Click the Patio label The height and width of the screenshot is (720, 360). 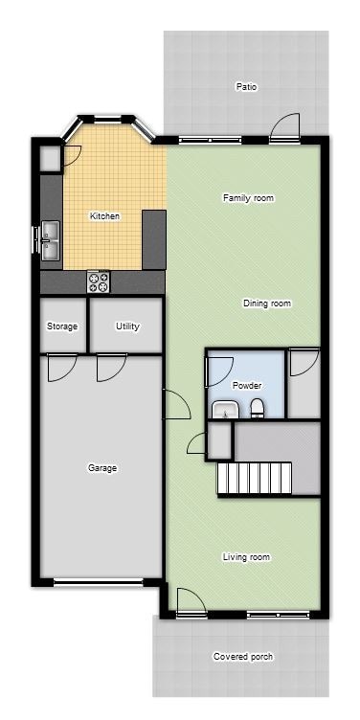[x=246, y=87]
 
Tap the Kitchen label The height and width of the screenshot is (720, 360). [x=104, y=216]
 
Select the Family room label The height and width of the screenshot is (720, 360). [x=248, y=198]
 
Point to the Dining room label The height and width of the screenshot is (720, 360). [x=266, y=304]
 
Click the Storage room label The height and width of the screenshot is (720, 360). [x=62, y=326]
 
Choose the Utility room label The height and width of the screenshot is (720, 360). [x=127, y=326]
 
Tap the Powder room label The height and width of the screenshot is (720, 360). [x=247, y=385]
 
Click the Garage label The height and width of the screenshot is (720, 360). [x=102, y=468]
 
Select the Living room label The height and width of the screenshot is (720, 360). [x=246, y=557]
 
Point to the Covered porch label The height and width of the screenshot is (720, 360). [x=241, y=657]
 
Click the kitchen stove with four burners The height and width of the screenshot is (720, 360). [x=99, y=281]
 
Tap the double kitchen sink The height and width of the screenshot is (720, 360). [x=50, y=239]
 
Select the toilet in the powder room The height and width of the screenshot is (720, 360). [x=257, y=410]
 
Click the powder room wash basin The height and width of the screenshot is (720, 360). [x=226, y=411]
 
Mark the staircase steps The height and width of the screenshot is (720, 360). [x=254, y=477]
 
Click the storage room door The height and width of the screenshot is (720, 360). [x=62, y=366]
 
